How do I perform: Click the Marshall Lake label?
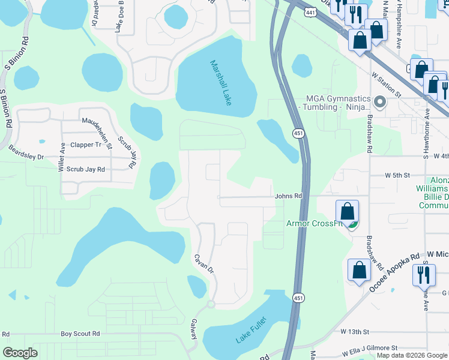pyautogui.click(x=221, y=83)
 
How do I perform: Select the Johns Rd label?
pyautogui.click(x=288, y=196)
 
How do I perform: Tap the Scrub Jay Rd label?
pyautogui.click(x=85, y=170)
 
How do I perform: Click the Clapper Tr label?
pyautogui.click(x=86, y=145)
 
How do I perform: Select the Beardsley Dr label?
pyautogui.click(x=24, y=157)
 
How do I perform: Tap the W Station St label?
pyautogui.click(x=386, y=85)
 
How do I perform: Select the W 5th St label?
pyautogui.click(x=397, y=175)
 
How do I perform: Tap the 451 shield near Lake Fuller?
pyautogui.click(x=298, y=298)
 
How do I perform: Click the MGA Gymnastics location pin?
pyautogui.click(x=379, y=101)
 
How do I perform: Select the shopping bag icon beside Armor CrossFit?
pyautogui.click(x=347, y=212)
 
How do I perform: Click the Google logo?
pyautogui.click(x=20, y=352)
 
